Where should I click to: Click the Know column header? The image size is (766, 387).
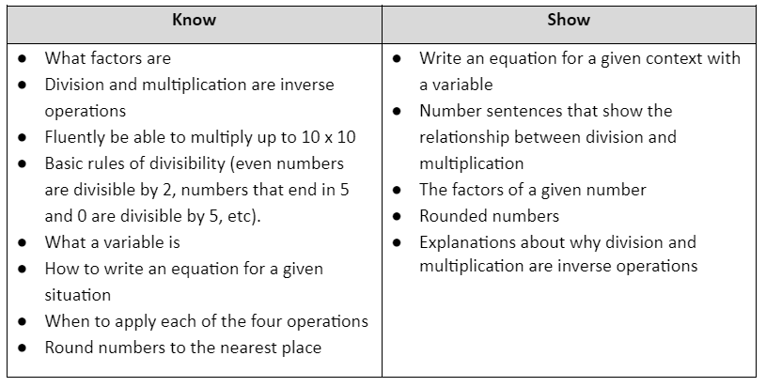(x=194, y=20)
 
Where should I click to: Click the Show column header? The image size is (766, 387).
(x=569, y=20)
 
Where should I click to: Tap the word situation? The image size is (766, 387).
(x=78, y=295)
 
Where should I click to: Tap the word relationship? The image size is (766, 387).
(x=464, y=138)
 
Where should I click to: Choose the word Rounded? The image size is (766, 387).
(x=450, y=217)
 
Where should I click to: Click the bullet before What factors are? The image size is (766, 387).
(x=22, y=58)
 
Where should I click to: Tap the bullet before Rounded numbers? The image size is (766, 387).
(x=397, y=216)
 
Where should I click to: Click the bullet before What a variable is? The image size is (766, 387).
(x=22, y=242)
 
